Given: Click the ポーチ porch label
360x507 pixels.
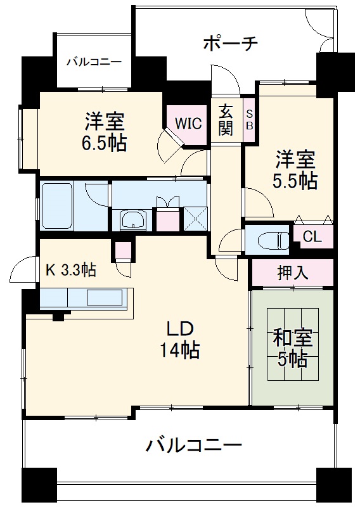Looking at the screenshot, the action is pyautogui.click(x=230, y=44).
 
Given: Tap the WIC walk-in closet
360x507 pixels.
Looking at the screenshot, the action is pyautogui.click(x=189, y=123).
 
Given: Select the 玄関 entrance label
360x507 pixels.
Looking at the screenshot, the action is pyautogui.click(x=226, y=120).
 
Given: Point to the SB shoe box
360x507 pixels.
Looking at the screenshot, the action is pyautogui.click(x=249, y=119).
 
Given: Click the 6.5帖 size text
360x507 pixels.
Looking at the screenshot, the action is pyautogui.click(x=103, y=143).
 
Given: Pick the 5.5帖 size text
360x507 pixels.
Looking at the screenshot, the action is pyautogui.click(x=294, y=181).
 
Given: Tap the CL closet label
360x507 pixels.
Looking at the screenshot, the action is pyautogui.click(x=312, y=237).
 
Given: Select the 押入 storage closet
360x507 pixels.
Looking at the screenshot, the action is pyautogui.click(x=292, y=273).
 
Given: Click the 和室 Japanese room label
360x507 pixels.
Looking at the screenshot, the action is pyautogui.click(x=292, y=338).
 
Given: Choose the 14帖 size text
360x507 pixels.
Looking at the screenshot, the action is pyautogui.click(x=179, y=350).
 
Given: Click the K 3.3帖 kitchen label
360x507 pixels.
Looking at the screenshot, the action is pyautogui.click(x=70, y=270).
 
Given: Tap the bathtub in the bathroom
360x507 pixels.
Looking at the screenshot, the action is pyautogui.click(x=57, y=205).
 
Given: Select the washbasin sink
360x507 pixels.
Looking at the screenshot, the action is pyautogui.click(x=132, y=220).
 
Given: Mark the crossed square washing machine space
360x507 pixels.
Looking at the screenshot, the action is pyautogui.click(x=195, y=219).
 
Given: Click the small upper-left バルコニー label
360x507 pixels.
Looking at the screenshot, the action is pyautogui.click(x=94, y=61).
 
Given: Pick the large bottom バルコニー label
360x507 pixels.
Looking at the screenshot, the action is pyautogui.click(x=193, y=446).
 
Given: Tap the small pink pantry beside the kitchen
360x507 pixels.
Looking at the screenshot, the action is pyautogui.click(x=124, y=250).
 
